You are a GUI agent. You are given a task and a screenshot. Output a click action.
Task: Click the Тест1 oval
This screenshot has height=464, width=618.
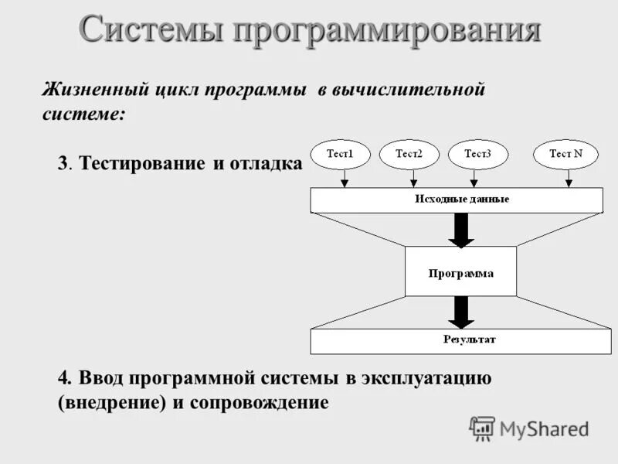click(x=340, y=154)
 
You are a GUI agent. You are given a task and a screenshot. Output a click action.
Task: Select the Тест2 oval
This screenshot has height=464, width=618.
click(x=409, y=154)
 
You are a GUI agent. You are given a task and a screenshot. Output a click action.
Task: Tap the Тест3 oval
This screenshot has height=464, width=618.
click(x=477, y=154)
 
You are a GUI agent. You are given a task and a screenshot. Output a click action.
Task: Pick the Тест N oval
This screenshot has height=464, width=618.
click(x=566, y=154)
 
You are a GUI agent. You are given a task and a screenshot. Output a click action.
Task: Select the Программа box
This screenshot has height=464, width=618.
click(x=461, y=272)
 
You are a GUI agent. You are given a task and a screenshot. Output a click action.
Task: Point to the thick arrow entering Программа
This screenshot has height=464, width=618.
click(x=461, y=230)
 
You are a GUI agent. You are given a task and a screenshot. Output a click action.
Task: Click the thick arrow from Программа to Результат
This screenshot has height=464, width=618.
click(x=461, y=312)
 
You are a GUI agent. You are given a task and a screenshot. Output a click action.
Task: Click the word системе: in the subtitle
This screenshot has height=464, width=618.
click(x=83, y=114)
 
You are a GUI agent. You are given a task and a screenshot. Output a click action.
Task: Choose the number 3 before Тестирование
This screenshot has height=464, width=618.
click(x=62, y=163)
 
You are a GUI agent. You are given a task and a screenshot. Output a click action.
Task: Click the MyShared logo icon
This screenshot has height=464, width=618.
click(x=482, y=428)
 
